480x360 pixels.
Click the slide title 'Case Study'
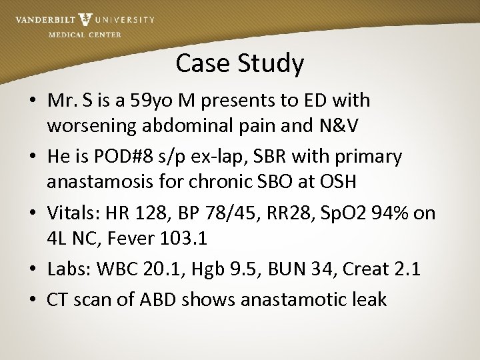pos(240,64)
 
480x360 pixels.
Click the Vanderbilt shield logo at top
pos(85,20)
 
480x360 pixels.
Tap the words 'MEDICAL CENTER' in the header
pos(85,35)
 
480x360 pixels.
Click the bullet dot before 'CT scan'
pos(33,300)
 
